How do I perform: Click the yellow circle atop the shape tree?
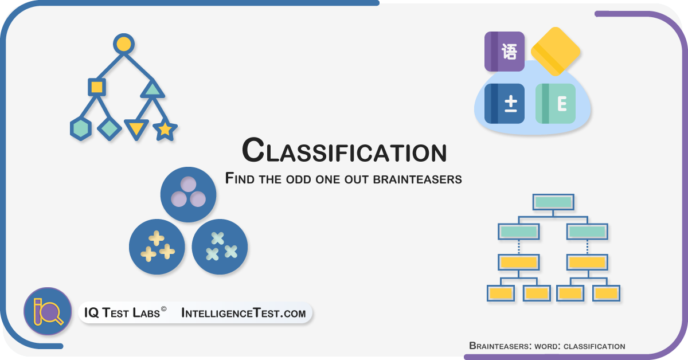tap(124, 44)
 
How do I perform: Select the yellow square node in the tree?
tap(97, 87)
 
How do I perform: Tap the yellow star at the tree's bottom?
tap(165, 130)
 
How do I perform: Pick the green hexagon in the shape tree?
tap(80, 129)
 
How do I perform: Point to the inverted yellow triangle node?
tap(136, 129)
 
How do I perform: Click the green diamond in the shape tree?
tap(109, 129)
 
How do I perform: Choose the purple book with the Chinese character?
tap(505, 51)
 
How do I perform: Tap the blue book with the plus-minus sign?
tap(505, 104)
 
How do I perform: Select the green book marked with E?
tap(556, 104)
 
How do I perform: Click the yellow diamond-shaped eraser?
tap(556, 51)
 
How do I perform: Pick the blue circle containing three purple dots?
tap(188, 194)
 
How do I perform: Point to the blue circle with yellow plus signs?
tap(157, 246)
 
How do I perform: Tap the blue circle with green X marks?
tap(220, 246)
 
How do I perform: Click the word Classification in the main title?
tap(345, 151)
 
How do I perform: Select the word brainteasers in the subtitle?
tap(417, 179)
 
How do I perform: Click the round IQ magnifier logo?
tap(48, 311)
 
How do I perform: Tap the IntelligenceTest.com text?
tap(244, 313)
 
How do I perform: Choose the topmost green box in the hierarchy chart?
tap(553, 202)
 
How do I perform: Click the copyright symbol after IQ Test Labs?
tap(164, 309)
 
